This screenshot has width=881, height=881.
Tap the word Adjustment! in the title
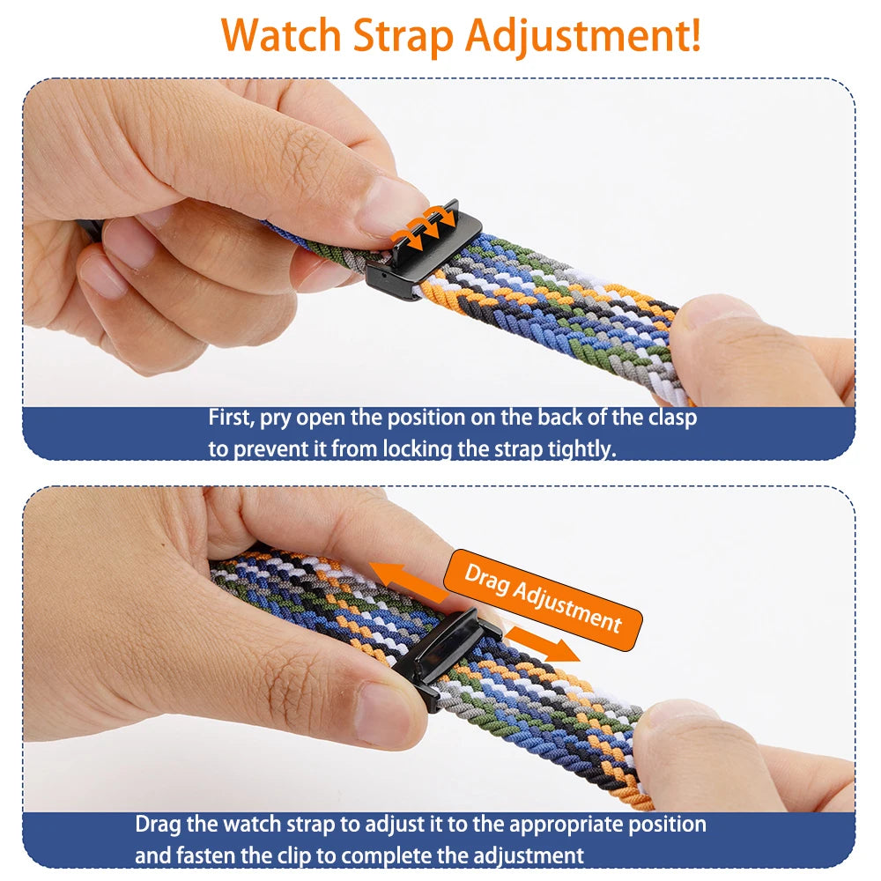pyautogui.click(x=583, y=36)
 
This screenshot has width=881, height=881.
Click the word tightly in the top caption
pyautogui.click(x=581, y=448)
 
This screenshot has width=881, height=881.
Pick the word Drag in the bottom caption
pyautogui.click(x=157, y=825)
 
